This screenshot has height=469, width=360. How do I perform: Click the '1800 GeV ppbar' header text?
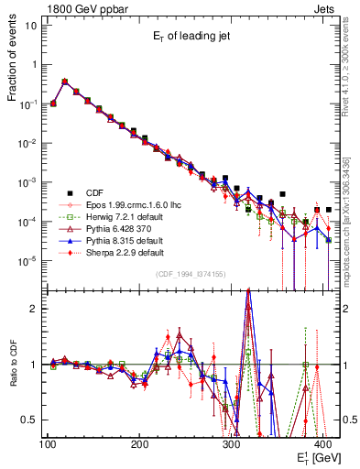coord(83,8)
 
